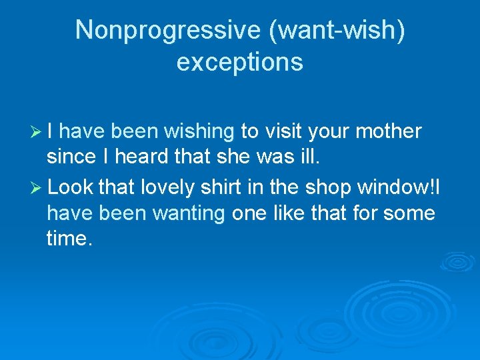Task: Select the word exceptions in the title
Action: pyautogui.click(x=240, y=62)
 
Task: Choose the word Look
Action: pyautogui.click(x=71, y=188)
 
